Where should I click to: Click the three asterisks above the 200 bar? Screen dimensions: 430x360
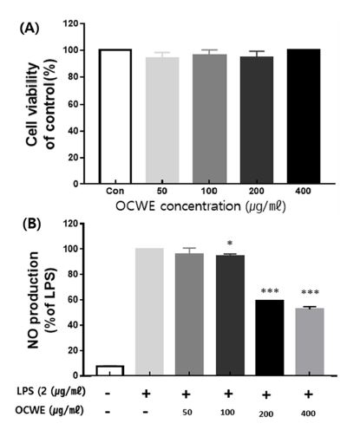(273, 290)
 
